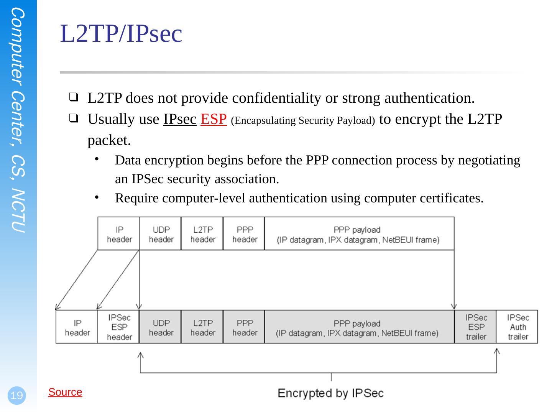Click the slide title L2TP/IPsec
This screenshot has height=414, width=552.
click(x=121, y=34)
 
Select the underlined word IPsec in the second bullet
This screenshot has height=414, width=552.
click(x=180, y=120)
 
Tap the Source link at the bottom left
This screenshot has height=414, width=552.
click(x=65, y=392)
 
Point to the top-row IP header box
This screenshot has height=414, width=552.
click(x=119, y=234)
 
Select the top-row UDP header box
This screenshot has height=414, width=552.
click(x=161, y=234)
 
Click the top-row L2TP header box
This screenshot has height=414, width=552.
click(x=202, y=234)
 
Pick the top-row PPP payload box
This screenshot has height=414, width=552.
click(x=359, y=234)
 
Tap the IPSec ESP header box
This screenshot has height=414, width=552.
click(x=119, y=327)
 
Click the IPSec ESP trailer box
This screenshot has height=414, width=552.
click(x=476, y=327)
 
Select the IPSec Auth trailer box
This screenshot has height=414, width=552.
click(x=517, y=327)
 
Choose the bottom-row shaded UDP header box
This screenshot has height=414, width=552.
click(x=161, y=327)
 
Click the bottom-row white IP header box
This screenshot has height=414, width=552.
click(x=77, y=327)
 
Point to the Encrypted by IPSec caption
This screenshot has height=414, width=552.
click(x=330, y=393)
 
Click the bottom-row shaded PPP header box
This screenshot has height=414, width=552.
click(x=244, y=327)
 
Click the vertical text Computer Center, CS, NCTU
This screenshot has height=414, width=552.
click(x=18, y=121)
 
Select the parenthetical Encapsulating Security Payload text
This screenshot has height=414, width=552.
click(x=303, y=121)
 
